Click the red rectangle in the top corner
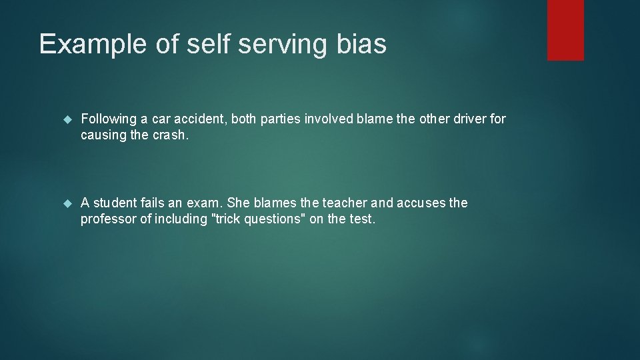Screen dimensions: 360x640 point(565,30)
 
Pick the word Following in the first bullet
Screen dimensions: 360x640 point(108,119)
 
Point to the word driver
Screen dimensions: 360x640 point(473,119)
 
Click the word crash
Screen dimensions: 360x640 point(171,135)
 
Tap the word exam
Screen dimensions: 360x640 point(209,203)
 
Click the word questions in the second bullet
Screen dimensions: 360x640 point(280,219)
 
